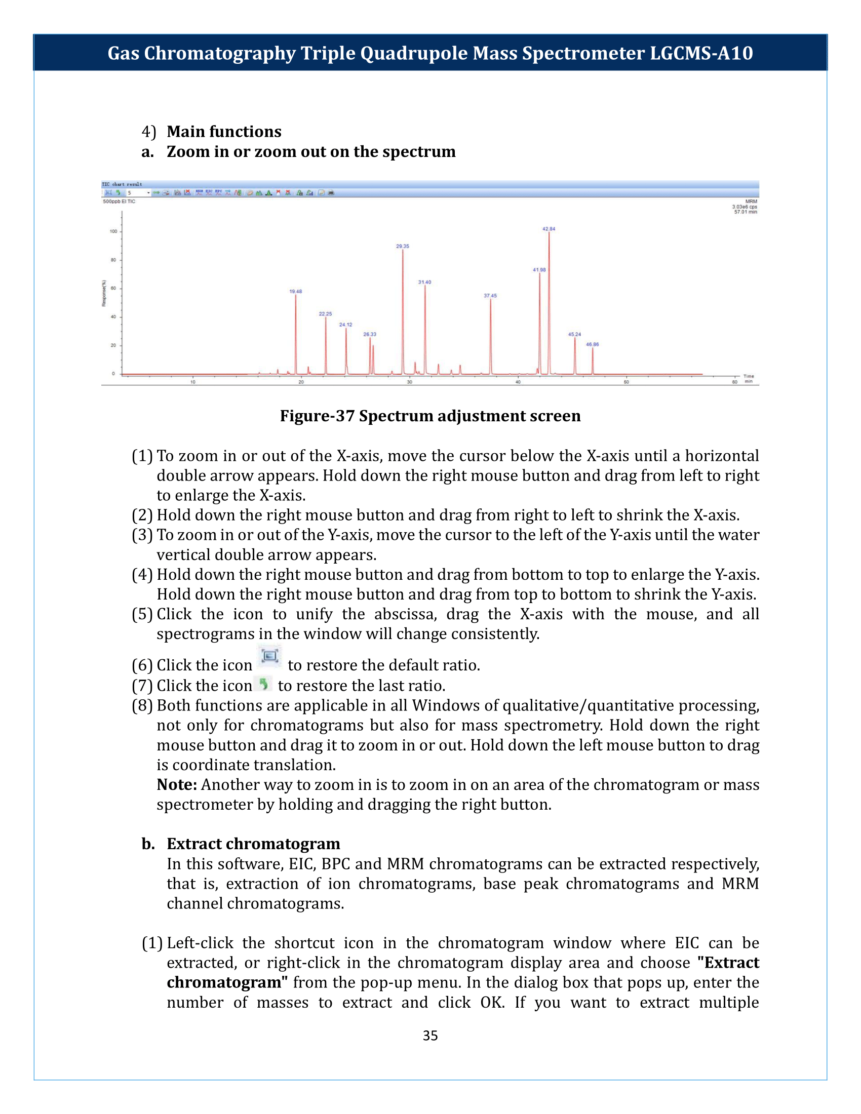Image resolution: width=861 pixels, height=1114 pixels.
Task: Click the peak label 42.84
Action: pyautogui.click(x=549, y=229)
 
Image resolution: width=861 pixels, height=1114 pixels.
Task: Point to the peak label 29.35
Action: pyautogui.click(x=403, y=247)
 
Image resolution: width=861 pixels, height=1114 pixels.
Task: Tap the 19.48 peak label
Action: pyautogui.click(x=295, y=292)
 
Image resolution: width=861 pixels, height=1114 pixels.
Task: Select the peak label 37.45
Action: pyautogui.click(x=490, y=296)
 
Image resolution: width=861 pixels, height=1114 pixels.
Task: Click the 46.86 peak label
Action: pyautogui.click(x=592, y=345)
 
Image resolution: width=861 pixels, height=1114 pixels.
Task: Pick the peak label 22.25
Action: pyautogui.click(x=325, y=314)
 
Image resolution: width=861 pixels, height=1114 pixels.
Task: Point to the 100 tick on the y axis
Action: pyautogui.click(x=113, y=231)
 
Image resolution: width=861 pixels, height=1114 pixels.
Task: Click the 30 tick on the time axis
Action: pyautogui.click(x=410, y=382)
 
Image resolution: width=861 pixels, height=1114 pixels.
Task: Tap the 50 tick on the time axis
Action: pyautogui.click(x=627, y=382)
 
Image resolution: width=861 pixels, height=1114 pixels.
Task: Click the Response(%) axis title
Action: pyautogui.click(x=103, y=293)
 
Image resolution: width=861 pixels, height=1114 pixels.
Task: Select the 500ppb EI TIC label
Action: pyautogui.click(x=119, y=202)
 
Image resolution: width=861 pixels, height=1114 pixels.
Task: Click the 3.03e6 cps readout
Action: pyautogui.click(x=744, y=207)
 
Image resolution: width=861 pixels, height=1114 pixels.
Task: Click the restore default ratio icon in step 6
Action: pyautogui.click(x=269, y=656)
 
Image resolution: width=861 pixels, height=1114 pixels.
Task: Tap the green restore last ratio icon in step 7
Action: pyautogui.click(x=264, y=684)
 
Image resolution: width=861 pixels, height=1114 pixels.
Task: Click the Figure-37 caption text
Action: pyautogui.click(x=430, y=416)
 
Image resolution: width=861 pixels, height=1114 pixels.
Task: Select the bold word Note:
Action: pyautogui.click(x=176, y=784)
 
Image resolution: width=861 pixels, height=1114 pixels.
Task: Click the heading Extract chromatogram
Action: pyautogui.click(x=253, y=844)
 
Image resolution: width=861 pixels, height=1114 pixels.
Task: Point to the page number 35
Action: pyautogui.click(x=430, y=1036)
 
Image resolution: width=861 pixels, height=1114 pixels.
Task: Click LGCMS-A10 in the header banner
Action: pyautogui.click(x=701, y=53)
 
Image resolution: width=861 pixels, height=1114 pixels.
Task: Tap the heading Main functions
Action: pyautogui.click(x=223, y=132)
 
